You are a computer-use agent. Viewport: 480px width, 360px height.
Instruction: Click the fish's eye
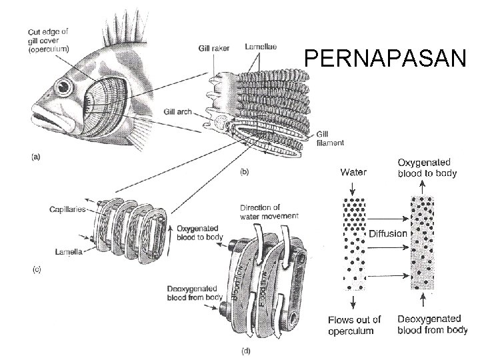point(63,87)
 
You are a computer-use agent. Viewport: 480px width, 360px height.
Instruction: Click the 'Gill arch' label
point(176,111)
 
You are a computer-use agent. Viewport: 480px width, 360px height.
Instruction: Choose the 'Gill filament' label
point(331,138)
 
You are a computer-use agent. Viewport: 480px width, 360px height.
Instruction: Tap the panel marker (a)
point(36,157)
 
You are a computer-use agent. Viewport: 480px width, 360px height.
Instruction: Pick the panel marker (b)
point(245,171)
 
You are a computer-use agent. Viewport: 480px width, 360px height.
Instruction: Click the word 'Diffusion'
point(388,233)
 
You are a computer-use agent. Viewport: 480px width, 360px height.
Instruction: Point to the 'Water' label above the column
point(353,172)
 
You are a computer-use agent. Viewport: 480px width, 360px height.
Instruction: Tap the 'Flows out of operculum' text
point(354,325)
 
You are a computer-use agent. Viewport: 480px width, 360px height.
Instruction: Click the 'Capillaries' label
point(67,209)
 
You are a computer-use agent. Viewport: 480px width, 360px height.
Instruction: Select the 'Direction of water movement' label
point(263,212)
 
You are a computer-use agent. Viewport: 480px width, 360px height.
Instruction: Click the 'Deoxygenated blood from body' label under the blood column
point(432,325)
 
